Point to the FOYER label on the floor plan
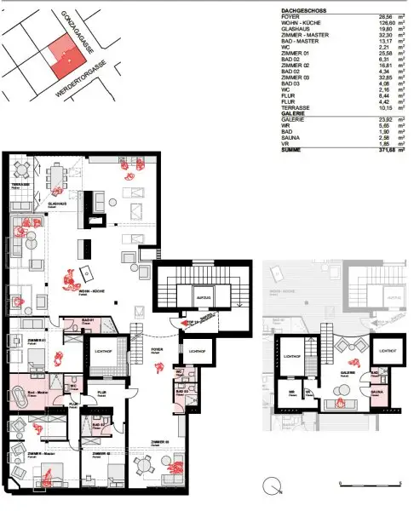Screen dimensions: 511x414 [157, 348]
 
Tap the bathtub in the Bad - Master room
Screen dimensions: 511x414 [23, 395]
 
